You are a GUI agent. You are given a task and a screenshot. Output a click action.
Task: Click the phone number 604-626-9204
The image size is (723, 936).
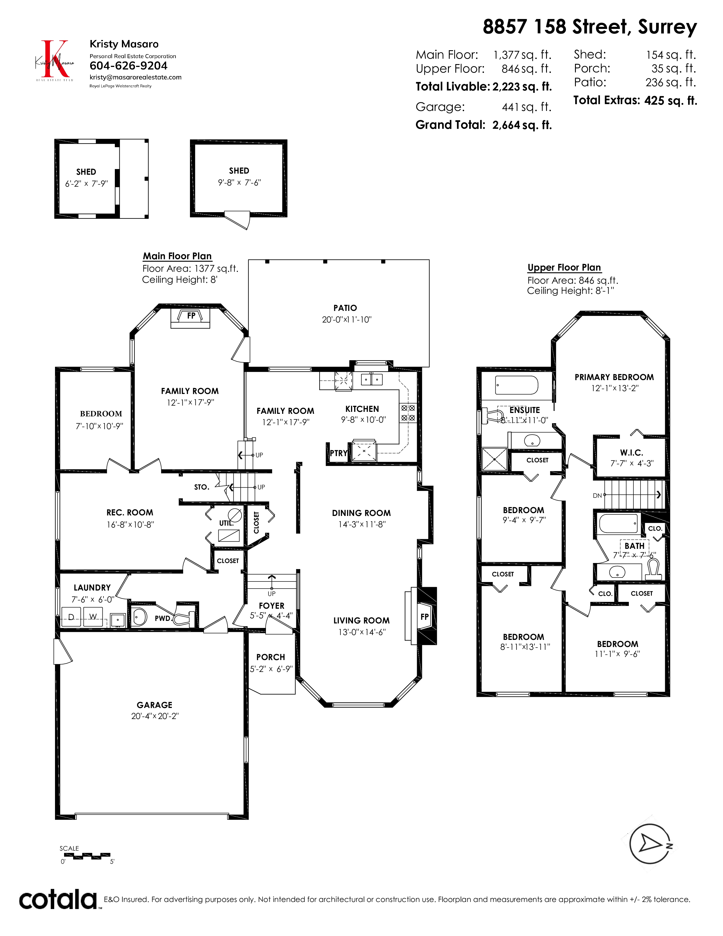[x=128, y=66]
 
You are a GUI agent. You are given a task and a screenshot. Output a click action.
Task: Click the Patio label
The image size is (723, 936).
[x=345, y=308]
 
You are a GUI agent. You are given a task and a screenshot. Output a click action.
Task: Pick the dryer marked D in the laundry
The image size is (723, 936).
[x=71, y=617]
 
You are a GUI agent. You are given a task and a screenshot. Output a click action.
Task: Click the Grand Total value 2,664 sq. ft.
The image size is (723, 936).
[x=522, y=125]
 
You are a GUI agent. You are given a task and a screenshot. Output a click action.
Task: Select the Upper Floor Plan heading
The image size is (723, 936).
[x=564, y=267]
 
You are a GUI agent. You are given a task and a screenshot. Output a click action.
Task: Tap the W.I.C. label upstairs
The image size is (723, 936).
[x=631, y=453]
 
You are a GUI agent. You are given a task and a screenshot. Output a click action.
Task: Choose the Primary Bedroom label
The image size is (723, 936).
[x=614, y=377]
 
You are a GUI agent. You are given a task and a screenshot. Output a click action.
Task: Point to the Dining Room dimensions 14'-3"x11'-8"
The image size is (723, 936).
[x=362, y=524]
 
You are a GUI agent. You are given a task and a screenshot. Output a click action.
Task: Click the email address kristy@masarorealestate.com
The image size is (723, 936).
[x=135, y=77]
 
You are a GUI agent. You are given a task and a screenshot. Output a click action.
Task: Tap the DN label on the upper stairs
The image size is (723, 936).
[x=597, y=496]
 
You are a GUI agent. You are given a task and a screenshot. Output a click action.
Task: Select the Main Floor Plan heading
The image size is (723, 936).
[x=177, y=256]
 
